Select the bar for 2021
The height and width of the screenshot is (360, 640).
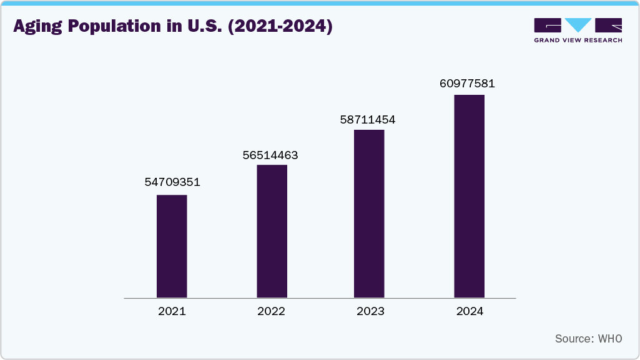coord(172,246)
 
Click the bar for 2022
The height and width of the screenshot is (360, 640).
coord(272,231)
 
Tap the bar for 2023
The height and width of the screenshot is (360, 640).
coord(369,214)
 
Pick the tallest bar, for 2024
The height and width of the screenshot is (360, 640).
coord(469,197)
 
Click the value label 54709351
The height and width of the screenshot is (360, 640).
coord(172,182)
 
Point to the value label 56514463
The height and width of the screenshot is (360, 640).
coord(270,155)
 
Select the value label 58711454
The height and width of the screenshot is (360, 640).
coord(368,119)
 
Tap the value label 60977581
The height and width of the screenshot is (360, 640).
coord(467,83)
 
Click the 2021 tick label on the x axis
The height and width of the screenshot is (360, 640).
coord(172,311)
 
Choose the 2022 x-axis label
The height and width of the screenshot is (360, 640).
coord(271,311)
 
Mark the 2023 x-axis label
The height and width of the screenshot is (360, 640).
coord(370,311)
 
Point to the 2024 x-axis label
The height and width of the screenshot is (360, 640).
coord(470,311)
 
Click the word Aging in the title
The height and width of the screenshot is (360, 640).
coord(36,27)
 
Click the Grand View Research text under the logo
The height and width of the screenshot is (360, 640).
coord(578,40)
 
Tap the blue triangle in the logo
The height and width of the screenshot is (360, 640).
coord(578,25)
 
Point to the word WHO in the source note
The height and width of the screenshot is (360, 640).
coord(610,339)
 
